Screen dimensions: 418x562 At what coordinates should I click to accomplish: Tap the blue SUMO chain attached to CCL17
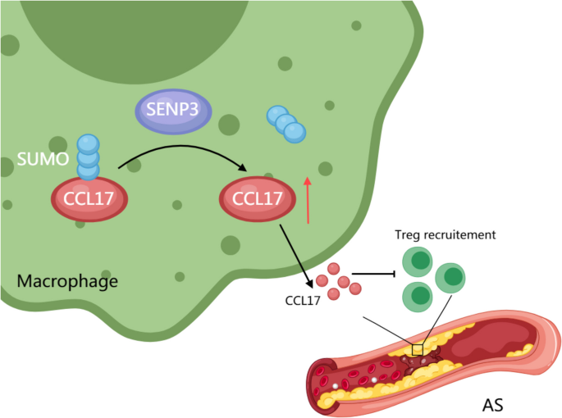[x=88, y=157]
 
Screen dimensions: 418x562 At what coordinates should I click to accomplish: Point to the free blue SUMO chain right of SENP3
[x=286, y=124]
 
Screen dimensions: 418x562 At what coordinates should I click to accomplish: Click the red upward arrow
[x=308, y=198]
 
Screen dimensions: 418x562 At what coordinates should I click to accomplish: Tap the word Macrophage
[x=67, y=281]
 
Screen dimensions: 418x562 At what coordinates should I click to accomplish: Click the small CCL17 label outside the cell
[x=302, y=300]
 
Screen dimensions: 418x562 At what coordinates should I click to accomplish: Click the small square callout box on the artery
[x=417, y=350]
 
